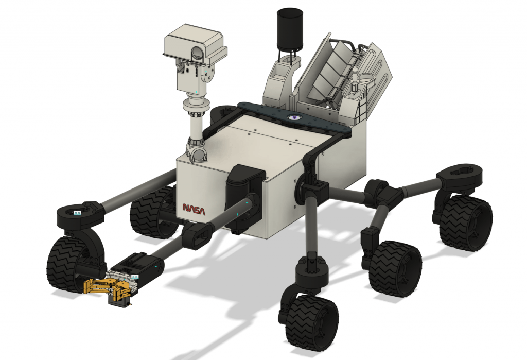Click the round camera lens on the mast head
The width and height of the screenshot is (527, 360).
[197, 52]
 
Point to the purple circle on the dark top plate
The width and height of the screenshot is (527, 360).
[294, 118]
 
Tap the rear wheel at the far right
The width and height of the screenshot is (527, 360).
[465, 222]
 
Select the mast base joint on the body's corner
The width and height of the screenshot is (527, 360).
[196, 152]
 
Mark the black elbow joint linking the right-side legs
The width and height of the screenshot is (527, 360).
[383, 193]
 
